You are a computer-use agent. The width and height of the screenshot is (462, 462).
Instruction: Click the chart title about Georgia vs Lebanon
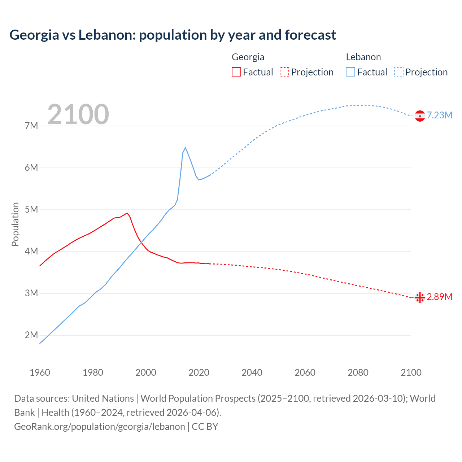[x=173, y=35]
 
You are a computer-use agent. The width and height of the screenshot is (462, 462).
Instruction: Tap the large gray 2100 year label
[x=78, y=114]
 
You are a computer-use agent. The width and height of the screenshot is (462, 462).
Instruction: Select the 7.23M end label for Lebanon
[x=439, y=115]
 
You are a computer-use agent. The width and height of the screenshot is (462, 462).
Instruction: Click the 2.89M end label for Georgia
[x=439, y=297]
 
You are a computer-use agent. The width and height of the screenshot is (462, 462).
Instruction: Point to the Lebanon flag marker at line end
[x=420, y=116]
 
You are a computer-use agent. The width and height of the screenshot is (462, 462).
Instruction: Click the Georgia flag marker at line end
[x=420, y=298]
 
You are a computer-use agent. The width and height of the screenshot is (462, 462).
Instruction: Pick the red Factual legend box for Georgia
[x=236, y=72]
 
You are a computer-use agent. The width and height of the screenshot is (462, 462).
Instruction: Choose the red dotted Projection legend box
[x=284, y=72]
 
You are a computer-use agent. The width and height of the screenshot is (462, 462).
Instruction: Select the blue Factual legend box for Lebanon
[x=350, y=72]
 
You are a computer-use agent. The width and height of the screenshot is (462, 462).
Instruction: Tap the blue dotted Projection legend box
[x=399, y=72]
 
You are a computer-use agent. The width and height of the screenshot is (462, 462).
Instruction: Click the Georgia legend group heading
[x=248, y=57]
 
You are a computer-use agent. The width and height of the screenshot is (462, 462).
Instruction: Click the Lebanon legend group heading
[x=363, y=57]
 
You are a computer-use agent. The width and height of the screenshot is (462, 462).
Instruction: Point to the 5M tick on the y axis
[x=31, y=209]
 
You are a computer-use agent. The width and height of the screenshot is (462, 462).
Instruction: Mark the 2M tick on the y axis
[x=31, y=335]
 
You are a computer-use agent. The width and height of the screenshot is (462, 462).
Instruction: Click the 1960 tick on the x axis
[x=40, y=372]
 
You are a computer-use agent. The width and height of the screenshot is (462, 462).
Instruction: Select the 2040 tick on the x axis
[x=252, y=372]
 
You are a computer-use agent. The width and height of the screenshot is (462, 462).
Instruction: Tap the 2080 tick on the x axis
[x=358, y=372]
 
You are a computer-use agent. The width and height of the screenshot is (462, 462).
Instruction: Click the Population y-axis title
[x=15, y=224]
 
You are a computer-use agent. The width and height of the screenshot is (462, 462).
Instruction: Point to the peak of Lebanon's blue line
[x=186, y=148]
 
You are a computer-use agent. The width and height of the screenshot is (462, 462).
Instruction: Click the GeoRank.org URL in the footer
[x=100, y=427]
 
